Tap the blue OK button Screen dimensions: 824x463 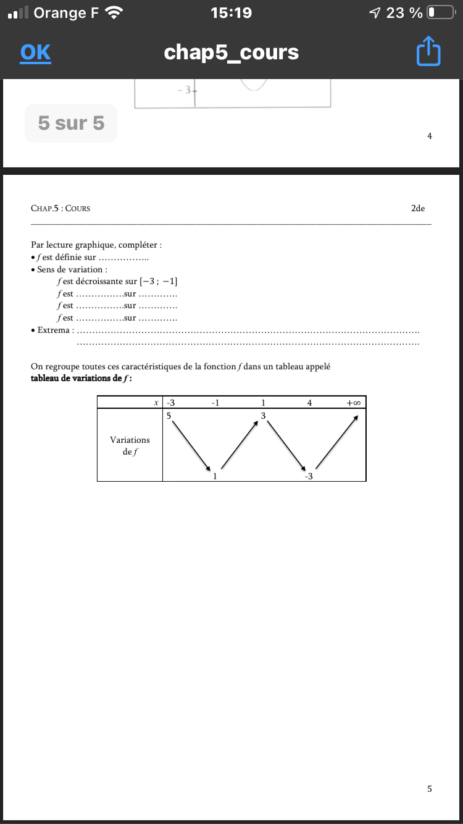(35, 53)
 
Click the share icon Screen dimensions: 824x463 (428, 53)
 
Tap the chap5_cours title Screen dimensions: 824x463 (231, 53)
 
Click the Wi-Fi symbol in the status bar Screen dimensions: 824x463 (114, 12)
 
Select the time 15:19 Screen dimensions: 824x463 (231, 12)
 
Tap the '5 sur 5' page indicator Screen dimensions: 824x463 (71, 124)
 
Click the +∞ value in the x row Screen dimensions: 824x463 (353, 403)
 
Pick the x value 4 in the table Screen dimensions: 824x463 (309, 403)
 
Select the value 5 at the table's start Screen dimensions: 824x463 (169, 416)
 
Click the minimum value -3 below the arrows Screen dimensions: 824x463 (309, 476)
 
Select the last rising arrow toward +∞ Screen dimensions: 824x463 (337, 442)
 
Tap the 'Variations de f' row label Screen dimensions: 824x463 (130, 445)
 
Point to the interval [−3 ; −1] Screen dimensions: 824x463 (159, 282)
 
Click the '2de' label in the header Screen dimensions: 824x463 (418, 208)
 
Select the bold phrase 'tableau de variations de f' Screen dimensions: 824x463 (81, 379)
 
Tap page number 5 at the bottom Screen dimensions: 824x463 (430, 788)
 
